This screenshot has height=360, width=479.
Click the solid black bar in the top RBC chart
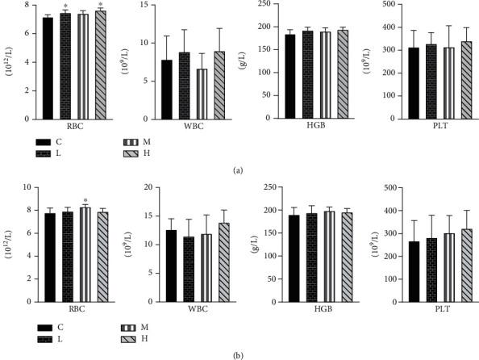[x=48, y=69]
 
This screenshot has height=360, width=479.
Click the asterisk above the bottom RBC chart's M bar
[x=85, y=202]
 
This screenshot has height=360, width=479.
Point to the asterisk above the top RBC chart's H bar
[x=101, y=5]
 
